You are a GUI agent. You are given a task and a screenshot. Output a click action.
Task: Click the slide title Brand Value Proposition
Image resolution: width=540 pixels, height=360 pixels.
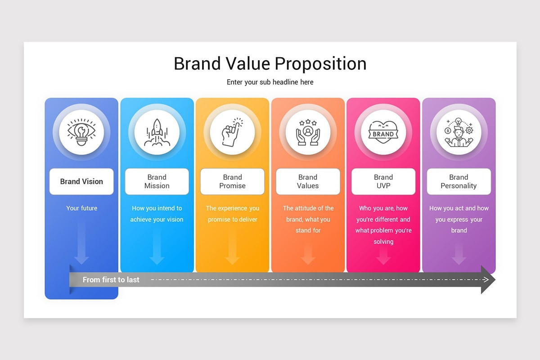coord(270,63)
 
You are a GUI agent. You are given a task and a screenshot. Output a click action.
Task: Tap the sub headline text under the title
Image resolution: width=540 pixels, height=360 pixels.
coord(270,82)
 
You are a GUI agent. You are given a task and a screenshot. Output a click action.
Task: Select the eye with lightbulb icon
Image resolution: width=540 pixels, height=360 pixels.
coord(81,132)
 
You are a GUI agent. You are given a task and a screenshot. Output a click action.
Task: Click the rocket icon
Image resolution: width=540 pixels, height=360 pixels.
coord(157,132)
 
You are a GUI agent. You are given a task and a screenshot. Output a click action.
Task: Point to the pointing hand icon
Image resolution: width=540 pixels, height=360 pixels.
coord(232,132)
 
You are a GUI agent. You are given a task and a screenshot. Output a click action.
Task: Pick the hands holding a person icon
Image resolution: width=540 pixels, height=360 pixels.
coord(308,132)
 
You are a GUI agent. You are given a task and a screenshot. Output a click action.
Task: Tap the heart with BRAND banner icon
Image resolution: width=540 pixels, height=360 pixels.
coord(383,132)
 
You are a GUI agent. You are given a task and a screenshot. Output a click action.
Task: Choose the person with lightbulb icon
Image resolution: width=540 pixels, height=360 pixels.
coord(459,132)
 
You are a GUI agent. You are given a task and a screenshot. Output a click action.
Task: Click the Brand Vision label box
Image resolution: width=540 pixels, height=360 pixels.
coord(81,181)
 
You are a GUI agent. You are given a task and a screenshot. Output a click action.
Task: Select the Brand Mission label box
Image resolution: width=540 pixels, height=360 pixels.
coord(157,181)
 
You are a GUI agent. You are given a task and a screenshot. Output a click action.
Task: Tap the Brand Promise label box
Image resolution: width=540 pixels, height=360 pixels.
coord(232,181)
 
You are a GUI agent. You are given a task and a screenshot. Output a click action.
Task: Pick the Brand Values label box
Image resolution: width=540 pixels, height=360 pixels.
coord(308,181)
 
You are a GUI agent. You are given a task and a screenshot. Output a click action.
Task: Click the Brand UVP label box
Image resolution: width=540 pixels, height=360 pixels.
coord(383,181)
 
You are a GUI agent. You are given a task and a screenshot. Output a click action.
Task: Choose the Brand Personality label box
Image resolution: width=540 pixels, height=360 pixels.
coord(459,181)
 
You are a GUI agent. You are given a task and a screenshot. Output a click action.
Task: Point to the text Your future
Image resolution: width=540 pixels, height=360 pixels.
coord(81,208)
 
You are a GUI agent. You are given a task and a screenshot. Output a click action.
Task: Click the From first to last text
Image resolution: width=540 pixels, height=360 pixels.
coord(111,280)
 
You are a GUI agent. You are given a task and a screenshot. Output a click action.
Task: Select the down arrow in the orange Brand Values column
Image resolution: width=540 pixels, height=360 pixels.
coord(308,255)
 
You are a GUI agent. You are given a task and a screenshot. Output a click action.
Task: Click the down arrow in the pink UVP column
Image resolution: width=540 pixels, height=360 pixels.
coord(383,255)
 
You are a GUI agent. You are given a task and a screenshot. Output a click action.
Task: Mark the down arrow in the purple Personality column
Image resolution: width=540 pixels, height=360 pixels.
coord(459,255)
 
